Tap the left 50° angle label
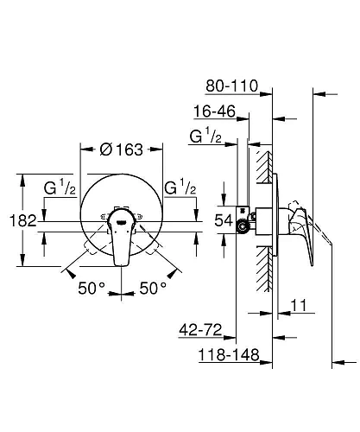click(92, 288)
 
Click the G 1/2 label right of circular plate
click(180, 187)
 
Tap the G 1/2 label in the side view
click(205, 135)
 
